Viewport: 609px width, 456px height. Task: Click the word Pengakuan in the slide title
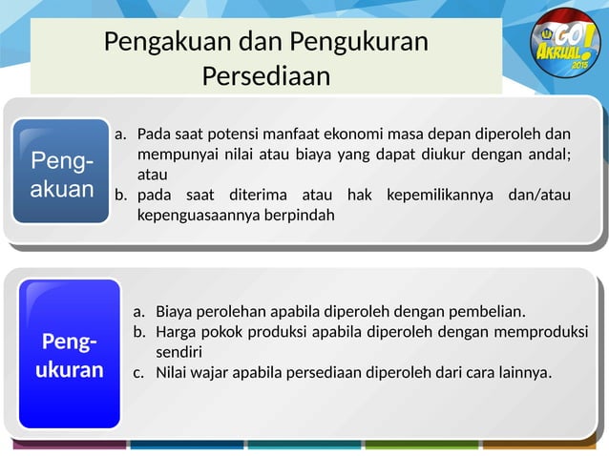[x=157, y=43]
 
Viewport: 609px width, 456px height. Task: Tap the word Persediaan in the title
[x=266, y=75]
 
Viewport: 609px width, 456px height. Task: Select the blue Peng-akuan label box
[x=62, y=172]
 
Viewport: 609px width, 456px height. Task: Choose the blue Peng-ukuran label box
[x=70, y=354]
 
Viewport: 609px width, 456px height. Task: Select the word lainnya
[x=523, y=372]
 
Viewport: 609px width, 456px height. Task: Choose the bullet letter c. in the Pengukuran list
[x=138, y=372]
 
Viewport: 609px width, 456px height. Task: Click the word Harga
[x=178, y=331]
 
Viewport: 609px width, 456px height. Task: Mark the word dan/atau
[x=541, y=195]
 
